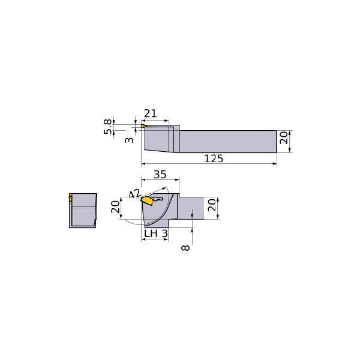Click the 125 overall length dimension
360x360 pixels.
point(214,158)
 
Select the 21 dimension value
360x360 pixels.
point(151,113)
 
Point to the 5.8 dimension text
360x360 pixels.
point(107,127)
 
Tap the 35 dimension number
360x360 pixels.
point(160,175)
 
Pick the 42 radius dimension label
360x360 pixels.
point(134,194)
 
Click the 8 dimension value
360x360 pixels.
point(185,247)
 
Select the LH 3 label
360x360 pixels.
point(156,234)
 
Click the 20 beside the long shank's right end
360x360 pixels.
point(284,138)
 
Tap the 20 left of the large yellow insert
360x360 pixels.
point(115,207)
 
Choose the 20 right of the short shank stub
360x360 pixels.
point(212,205)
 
